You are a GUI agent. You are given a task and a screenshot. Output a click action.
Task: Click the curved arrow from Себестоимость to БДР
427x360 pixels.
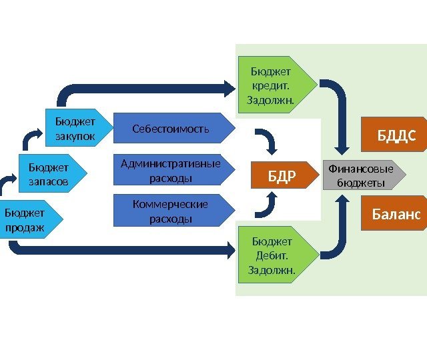(x=267, y=141)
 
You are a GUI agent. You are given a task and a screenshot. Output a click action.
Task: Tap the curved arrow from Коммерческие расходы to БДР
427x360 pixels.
(x=267, y=206)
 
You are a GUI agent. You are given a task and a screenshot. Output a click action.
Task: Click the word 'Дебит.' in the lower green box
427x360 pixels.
(x=272, y=255)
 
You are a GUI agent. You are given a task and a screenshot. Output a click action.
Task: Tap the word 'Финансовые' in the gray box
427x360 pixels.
(x=360, y=169)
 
